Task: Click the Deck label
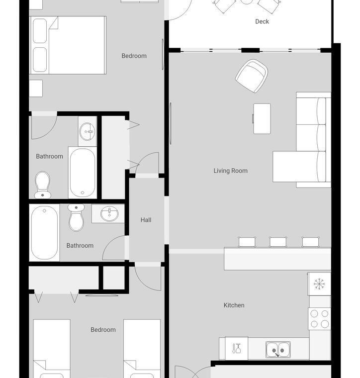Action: [x=262, y=21]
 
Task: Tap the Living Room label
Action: [x=230, y=171]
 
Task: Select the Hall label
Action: [x=146, y=220]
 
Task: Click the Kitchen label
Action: [x=234, y=305]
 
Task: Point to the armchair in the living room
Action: [x=252, y=76]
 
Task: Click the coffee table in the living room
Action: [x=262, y=118]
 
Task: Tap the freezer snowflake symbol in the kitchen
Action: [x=319, y=283]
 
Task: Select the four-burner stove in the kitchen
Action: [x=319, y=319]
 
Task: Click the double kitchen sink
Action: [x=278, y=350]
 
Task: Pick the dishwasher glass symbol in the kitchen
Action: [x=236, y=348]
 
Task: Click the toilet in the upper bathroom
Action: [x=42, y=185]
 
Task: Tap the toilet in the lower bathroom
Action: [x=76, y=217]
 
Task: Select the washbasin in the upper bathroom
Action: [x=87, y=131]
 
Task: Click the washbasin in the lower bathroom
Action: [x=109, y=213]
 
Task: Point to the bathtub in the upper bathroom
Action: [x=83, y=173]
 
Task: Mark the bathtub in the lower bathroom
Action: [x=44, y=233]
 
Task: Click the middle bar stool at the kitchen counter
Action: [x=278, y=242]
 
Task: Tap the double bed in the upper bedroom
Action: [x=68, y=45]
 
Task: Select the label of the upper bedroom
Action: [x=134, y=56]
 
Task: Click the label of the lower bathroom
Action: [x=80, y=246]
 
